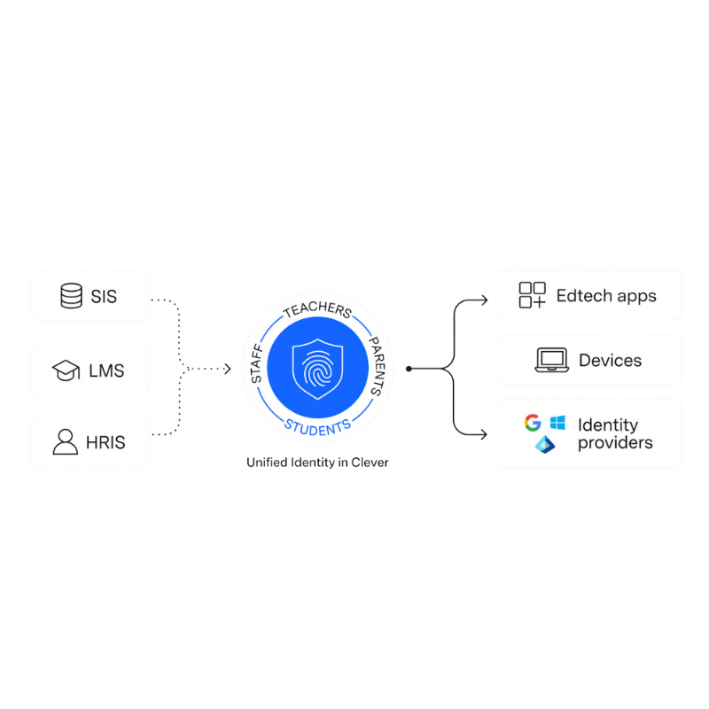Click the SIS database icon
pos(71,296)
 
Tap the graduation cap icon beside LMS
pos(66,370)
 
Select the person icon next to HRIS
pos(66,440)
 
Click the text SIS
pos(104,296)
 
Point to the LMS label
pos(105,370)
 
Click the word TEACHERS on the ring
pos(316,313)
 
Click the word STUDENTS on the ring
pos(316,426)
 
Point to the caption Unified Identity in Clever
pos(317,462)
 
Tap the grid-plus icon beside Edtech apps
pos(533,295)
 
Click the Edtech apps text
pos(606,295)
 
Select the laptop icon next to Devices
pos(551,360)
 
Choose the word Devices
pos(610,360)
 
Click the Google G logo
pos(533,423)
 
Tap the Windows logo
pos(557,423)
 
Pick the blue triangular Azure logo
pos(545,444)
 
